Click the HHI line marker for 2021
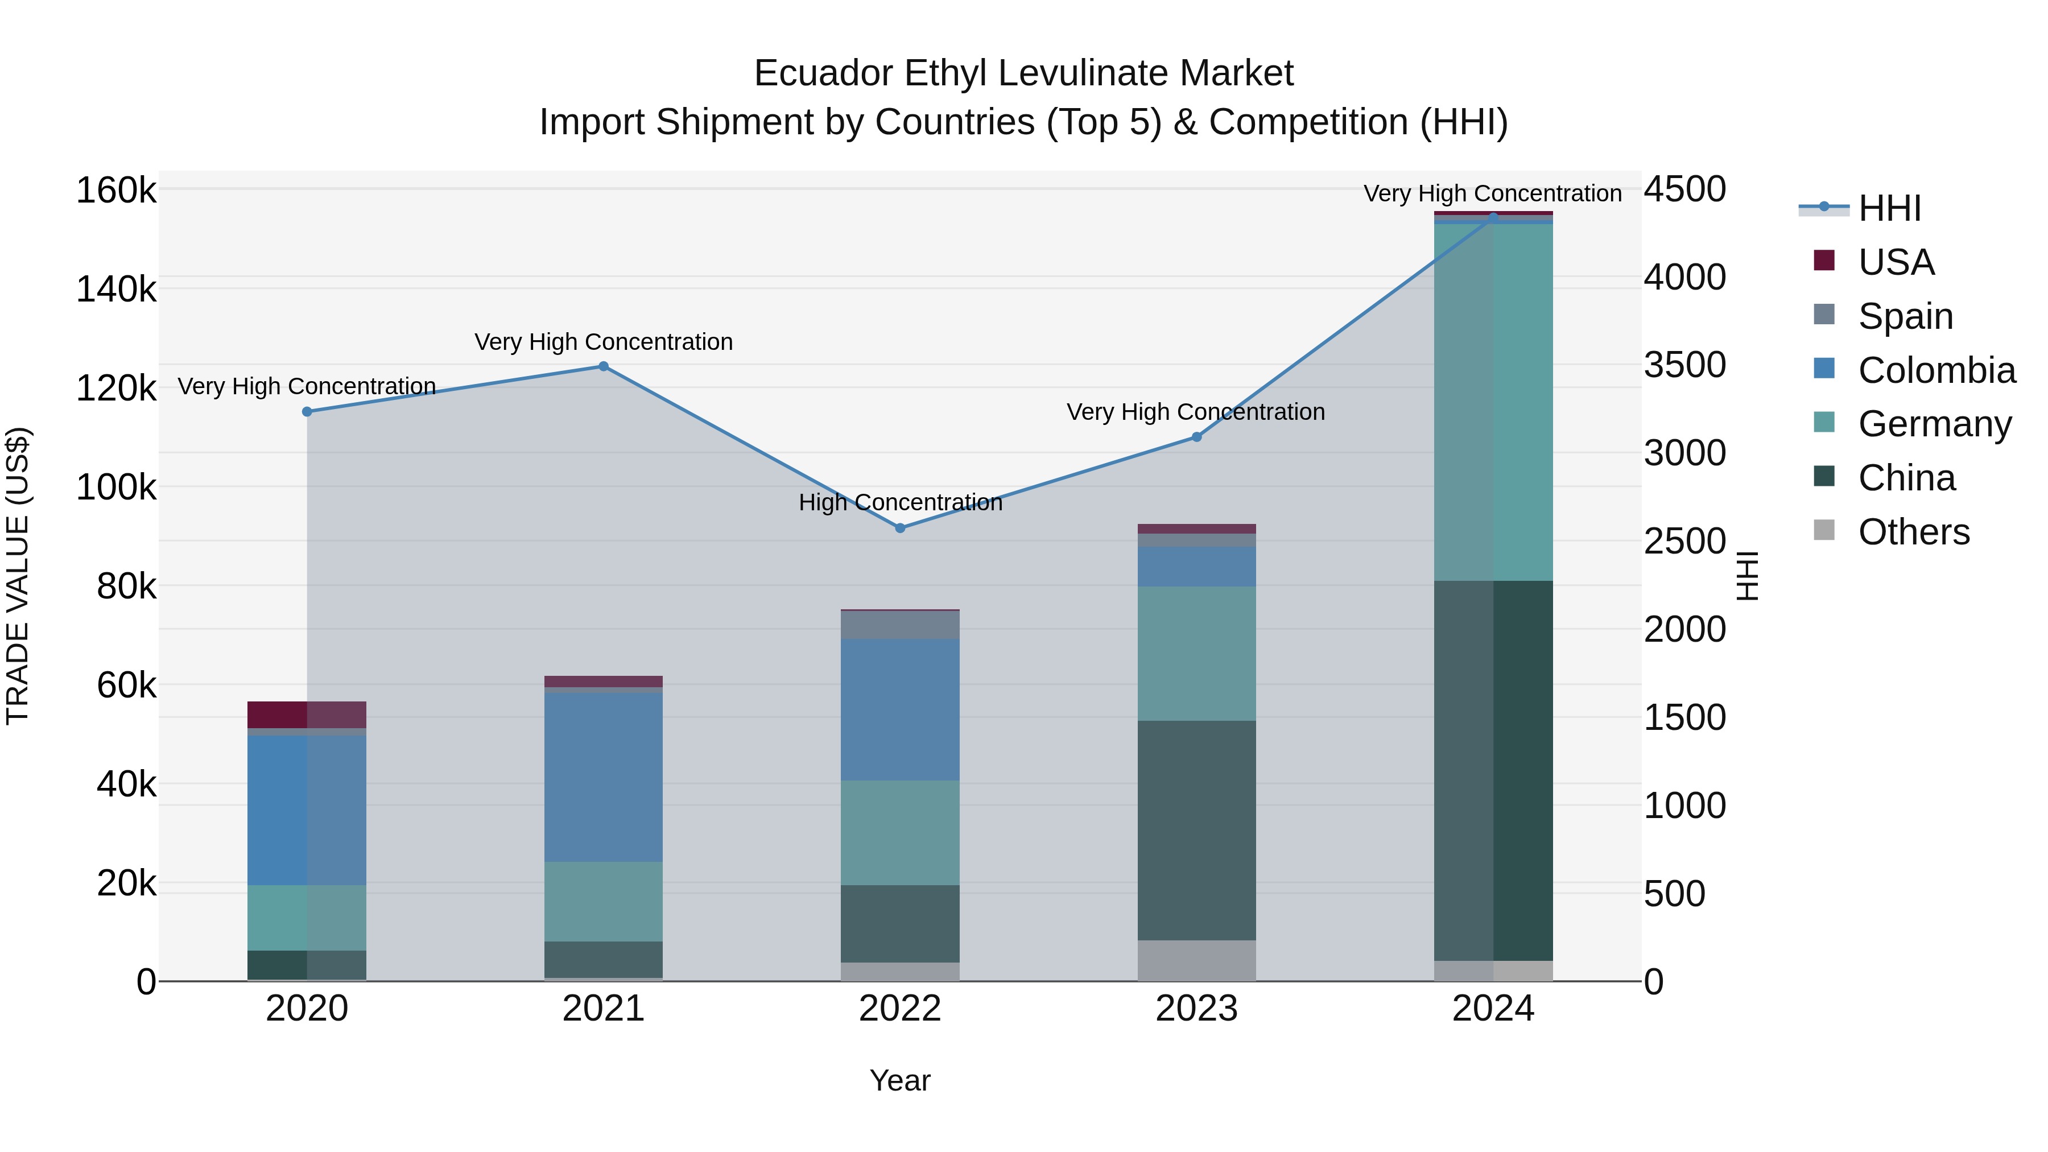(604, 366)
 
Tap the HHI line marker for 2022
(900, 528)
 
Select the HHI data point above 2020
(307, 412)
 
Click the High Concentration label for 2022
(900, 502)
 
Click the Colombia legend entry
(1936, 370)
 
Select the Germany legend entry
(1934, 424)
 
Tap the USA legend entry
(1896, 262)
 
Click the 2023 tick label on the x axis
(1196, 1009)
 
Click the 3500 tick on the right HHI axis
(1684, 365)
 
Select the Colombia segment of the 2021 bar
(604, 777)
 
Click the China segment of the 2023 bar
(1196, 831)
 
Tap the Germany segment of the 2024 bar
(1493, 402)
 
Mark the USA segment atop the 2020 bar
(307, 714)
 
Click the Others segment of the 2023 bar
(1196, 960)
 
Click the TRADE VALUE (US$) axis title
(18, 576)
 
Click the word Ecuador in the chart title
(822, 73)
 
